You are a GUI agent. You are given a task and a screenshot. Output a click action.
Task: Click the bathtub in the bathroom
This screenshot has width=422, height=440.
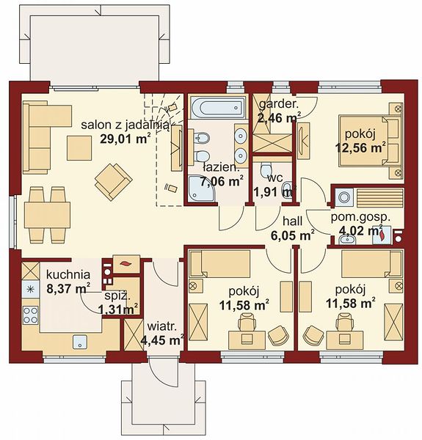point(217,107)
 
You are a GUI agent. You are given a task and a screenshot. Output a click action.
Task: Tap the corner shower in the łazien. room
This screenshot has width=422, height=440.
point(202,188)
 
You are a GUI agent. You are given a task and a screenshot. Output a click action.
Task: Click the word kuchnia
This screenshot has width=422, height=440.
point(68,274)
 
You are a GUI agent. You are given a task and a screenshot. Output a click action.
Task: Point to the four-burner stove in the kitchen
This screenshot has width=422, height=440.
point(30,315)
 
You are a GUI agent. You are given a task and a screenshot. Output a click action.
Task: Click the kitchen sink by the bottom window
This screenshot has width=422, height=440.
point(81,342)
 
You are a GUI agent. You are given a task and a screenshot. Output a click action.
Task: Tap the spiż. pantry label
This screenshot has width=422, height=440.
point(117,296)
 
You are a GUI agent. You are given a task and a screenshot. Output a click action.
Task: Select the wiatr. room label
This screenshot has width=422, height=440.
point(162,326)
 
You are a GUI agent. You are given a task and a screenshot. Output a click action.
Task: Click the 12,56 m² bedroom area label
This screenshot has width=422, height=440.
point(360,148)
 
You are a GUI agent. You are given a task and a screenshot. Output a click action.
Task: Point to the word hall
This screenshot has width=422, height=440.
point(292,221)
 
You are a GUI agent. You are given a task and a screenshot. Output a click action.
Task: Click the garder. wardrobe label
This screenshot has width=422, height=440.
point(279,104)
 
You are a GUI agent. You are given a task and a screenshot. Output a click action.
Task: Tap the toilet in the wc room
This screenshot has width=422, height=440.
point(266,169)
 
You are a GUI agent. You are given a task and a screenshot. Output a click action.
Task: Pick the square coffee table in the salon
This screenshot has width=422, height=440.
point(79,148)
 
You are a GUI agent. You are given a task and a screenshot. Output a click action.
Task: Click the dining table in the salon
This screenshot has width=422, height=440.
point(47,215)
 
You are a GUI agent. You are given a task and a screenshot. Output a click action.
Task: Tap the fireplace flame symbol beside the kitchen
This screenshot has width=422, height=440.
point(125,263)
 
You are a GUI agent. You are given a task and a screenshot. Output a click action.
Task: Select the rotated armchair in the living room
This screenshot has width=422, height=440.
point(114,182)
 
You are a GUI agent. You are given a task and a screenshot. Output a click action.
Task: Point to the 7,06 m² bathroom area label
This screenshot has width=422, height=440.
point(222,181)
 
